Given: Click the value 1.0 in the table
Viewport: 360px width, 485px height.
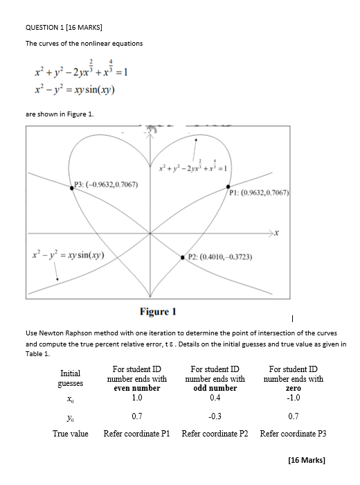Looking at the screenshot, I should (x=137, y=398).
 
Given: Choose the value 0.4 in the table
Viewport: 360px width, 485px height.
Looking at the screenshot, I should (x=215, y=398).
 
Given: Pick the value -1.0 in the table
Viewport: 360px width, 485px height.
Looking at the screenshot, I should (x=293, y=398).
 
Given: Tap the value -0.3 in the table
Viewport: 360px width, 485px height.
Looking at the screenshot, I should (x=215, y=416).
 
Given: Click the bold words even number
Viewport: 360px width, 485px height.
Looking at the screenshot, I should (x=137, y=388).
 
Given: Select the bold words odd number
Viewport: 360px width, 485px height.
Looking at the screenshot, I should (x=215, y=388).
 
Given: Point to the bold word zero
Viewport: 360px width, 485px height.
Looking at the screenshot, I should (x=293, y=388).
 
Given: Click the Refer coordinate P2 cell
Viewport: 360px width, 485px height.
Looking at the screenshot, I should (x=215, y=434).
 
